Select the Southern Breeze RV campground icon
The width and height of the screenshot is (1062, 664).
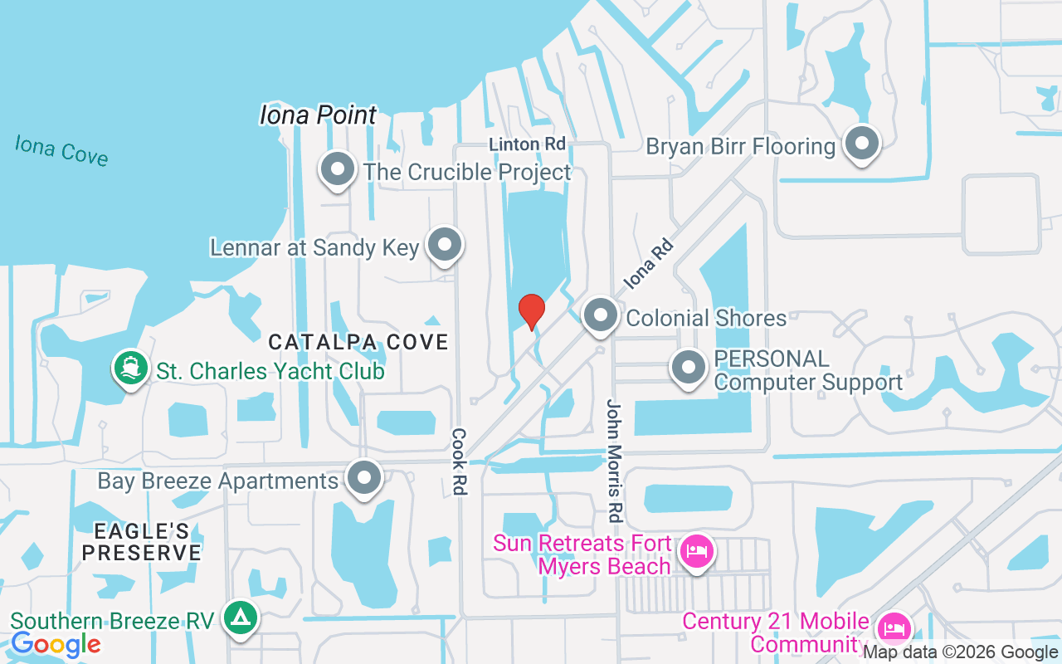241,618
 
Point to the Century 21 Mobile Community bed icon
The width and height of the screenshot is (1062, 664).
893,628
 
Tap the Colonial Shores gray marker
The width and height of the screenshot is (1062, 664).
601,316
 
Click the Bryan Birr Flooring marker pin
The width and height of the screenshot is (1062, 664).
862,144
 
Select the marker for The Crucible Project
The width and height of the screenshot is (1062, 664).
338,170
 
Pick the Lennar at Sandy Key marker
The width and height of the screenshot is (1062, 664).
446,246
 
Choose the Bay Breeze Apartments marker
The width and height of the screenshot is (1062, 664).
363,479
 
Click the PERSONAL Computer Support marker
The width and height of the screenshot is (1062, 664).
688,368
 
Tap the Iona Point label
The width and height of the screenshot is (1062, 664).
319,115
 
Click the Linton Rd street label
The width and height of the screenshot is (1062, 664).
527,144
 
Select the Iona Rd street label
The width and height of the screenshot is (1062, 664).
646,264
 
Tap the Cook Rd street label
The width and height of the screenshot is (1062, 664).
459,461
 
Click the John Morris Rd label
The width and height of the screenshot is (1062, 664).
614,461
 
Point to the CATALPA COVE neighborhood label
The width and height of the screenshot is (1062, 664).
358,342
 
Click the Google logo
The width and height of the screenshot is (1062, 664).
56,643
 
